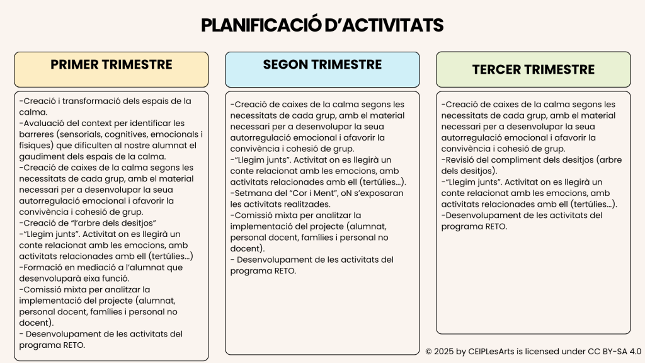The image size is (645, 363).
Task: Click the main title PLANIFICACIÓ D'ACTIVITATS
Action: click(x=322, y=25)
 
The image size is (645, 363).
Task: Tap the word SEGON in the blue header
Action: click(x=285, y=64)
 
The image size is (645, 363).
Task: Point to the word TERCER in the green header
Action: click(x=496, y=69)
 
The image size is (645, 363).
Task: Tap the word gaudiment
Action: click(x=40, y=157)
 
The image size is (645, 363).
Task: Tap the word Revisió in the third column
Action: click(x=462, y=159)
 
